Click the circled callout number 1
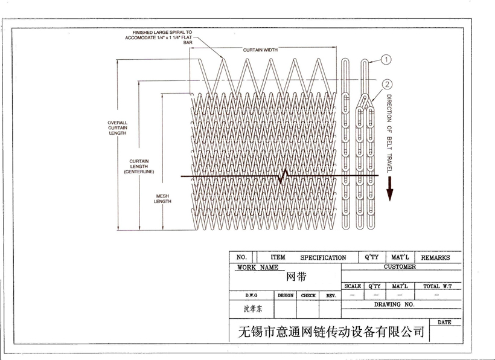coord(386,59)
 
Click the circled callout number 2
coord(387,85)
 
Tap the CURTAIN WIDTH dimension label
coord(261,50)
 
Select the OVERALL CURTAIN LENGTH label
coord(117,128)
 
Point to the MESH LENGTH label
coord(162,199)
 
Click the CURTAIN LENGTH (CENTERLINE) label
coord(139,167)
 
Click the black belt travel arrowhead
coord(390,193)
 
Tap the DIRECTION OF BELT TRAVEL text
coord(389,133)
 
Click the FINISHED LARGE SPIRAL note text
coord(161,37)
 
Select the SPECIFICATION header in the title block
coord(323,257)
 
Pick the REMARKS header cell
coord(435,257)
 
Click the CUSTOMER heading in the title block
coord(399,266)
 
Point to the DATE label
coord(444,323)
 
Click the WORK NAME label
coord(258,267)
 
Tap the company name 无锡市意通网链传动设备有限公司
coord(331,332)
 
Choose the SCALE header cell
coord(353,286)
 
